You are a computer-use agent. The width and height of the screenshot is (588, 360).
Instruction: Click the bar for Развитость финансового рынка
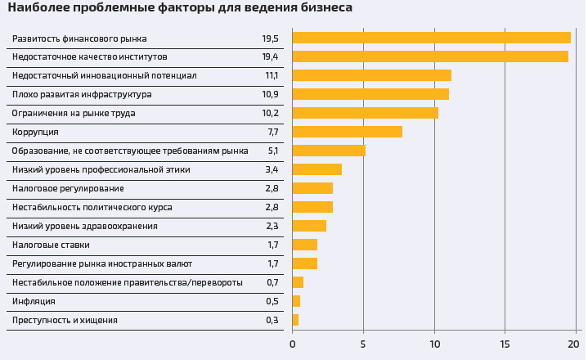[x=431, y=38]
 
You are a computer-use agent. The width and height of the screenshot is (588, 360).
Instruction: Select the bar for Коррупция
[x=347, y=132]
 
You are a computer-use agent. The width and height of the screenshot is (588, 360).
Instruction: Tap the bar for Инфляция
[x=296, y=301]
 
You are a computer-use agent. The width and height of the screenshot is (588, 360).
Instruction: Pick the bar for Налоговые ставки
[x=304, y=245]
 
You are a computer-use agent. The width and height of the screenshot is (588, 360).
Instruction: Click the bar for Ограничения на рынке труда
[x=365, y=113]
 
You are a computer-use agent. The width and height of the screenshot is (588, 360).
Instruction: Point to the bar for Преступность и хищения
[x=295, y=320]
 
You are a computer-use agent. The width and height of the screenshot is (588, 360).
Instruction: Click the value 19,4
[x=270, y=57]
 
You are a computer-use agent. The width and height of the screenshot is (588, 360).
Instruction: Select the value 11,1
[x=272, y=75]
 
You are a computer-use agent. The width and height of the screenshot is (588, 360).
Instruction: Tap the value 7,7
[x=273, y=132]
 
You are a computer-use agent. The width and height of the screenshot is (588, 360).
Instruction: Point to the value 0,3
[x=272, y=320]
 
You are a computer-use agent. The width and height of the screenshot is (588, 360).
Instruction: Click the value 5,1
[x=273, y=151]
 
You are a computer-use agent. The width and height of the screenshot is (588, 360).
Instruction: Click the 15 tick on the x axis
[x=505, y=344]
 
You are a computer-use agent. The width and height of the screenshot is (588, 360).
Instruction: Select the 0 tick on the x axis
[x=293, y=344]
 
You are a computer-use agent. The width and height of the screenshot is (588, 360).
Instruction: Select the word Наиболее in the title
[x=34, y=7]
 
